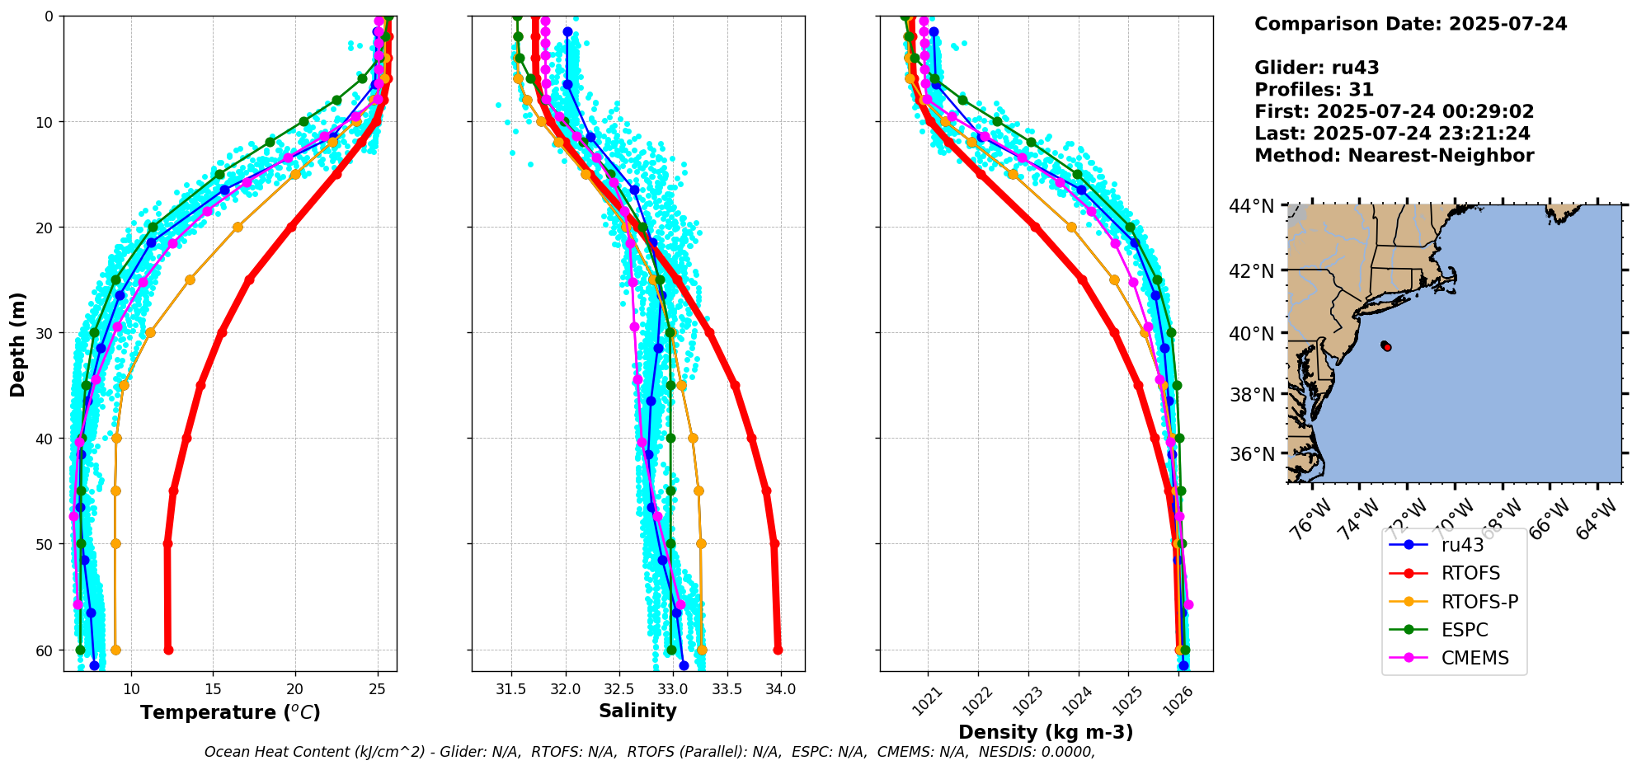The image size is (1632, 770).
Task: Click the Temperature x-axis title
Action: click(230, 712)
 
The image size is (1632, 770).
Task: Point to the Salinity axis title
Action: click(637, 711)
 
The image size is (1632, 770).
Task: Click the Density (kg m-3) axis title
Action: click(1045, 732)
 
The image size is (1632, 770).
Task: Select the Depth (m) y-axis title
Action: click(18, 344)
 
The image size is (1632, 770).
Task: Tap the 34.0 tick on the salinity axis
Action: click(781, 689)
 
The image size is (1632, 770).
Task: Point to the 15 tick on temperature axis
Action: click(213, 689)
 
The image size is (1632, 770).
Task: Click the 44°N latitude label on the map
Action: click(1253, 206)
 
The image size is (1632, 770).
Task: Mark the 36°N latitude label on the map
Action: click(1253, 454)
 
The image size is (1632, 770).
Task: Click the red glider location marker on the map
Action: click(1387, 347)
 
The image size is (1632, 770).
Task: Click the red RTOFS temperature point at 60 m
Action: click(168, 650)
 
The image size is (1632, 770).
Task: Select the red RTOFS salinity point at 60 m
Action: click(778, 650)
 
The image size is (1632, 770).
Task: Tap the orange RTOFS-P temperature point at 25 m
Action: click(190, 279)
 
